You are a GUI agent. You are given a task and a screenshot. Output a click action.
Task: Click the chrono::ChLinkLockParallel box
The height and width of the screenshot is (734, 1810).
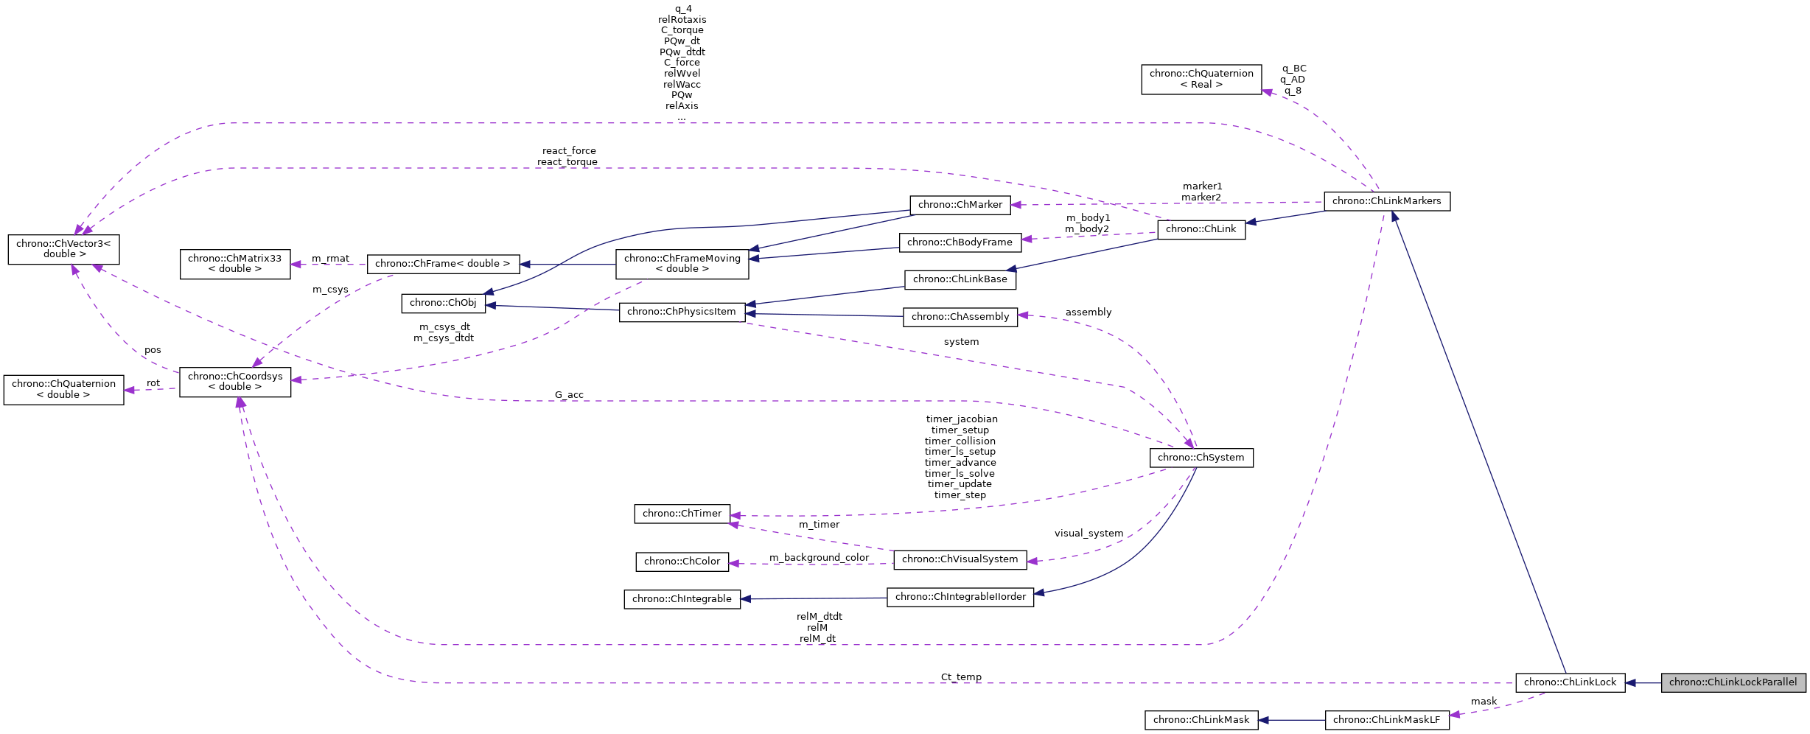[1733, 682]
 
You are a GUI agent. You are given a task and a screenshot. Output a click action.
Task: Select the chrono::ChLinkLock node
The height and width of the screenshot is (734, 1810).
[1570, 682]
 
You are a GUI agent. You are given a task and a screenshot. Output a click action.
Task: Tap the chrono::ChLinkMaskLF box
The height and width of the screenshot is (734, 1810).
[1386, 720]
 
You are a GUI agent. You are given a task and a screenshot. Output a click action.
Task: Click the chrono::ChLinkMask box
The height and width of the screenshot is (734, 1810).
[1201, 720]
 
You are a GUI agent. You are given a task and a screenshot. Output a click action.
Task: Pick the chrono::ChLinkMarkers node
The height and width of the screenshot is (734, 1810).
[1386, 201]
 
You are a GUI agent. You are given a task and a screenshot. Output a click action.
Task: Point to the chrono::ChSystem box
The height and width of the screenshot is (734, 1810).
[1201, 458]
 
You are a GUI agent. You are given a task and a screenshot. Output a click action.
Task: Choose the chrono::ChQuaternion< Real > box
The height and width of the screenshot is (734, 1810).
[1201, 80]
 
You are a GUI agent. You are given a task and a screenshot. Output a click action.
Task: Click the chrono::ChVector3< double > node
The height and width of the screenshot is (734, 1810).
[63, 249]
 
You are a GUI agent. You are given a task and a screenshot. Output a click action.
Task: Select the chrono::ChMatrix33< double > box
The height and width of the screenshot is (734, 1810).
[234, 264]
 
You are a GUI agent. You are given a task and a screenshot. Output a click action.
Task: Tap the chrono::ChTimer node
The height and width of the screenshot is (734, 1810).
[682, 514]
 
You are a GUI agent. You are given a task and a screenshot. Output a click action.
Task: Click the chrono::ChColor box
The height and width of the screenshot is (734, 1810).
[682, 562]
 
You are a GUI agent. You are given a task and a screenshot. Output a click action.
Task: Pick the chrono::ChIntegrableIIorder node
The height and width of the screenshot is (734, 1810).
[960, 597]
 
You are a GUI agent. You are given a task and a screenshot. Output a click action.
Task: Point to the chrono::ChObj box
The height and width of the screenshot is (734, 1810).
[443, 303]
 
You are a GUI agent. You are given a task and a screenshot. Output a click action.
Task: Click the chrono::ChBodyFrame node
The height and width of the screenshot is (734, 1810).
[960, 242]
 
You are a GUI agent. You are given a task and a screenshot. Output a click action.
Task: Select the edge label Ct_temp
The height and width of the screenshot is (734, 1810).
[961, 677]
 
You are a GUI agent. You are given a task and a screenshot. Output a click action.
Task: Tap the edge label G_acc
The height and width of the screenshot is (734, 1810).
[569, 395]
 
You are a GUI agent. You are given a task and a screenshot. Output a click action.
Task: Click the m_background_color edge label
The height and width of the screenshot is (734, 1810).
[819, 558]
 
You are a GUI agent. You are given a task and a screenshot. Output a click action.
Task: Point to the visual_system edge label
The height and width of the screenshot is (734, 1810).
[1089, 534]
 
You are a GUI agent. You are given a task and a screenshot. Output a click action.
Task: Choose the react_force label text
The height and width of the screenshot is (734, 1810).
[569, 151]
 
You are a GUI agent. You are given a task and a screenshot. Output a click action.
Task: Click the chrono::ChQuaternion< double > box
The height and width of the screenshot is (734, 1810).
[63, 390]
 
